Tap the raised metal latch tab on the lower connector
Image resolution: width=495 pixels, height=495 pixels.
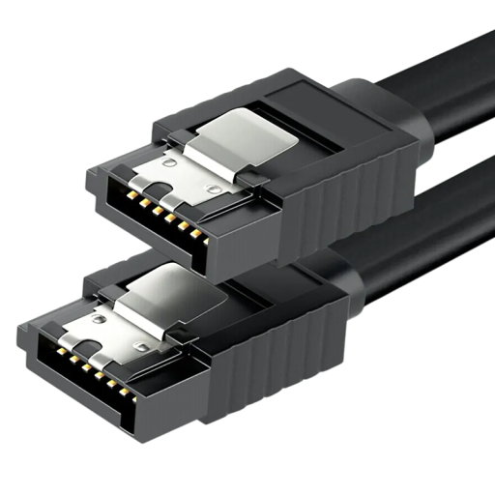pyautogui.click(x=174, y=290)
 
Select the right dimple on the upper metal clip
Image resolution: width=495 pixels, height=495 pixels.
pyautogui.click(x=214, y=189)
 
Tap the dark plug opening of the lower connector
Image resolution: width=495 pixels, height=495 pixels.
pyautogui.click(x=87, y=367)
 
